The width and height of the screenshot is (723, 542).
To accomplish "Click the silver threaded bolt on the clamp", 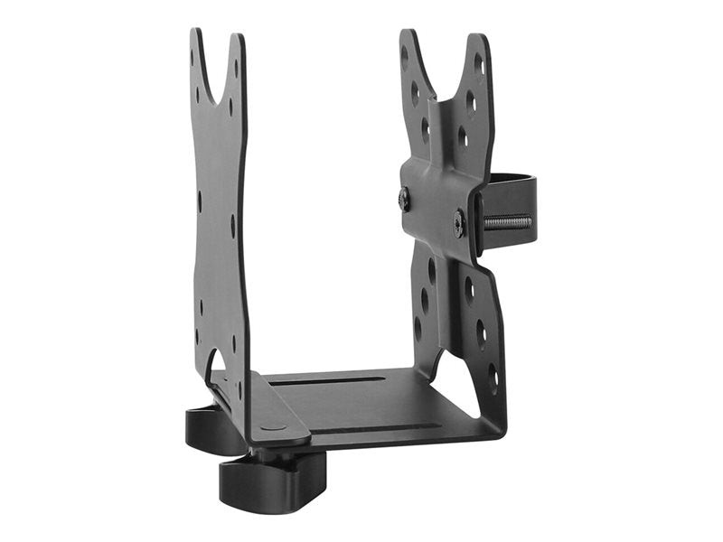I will coord(507,221).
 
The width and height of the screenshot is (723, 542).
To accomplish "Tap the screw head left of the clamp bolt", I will coord(404,199).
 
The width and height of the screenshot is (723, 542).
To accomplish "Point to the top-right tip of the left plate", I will coord(239,38).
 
